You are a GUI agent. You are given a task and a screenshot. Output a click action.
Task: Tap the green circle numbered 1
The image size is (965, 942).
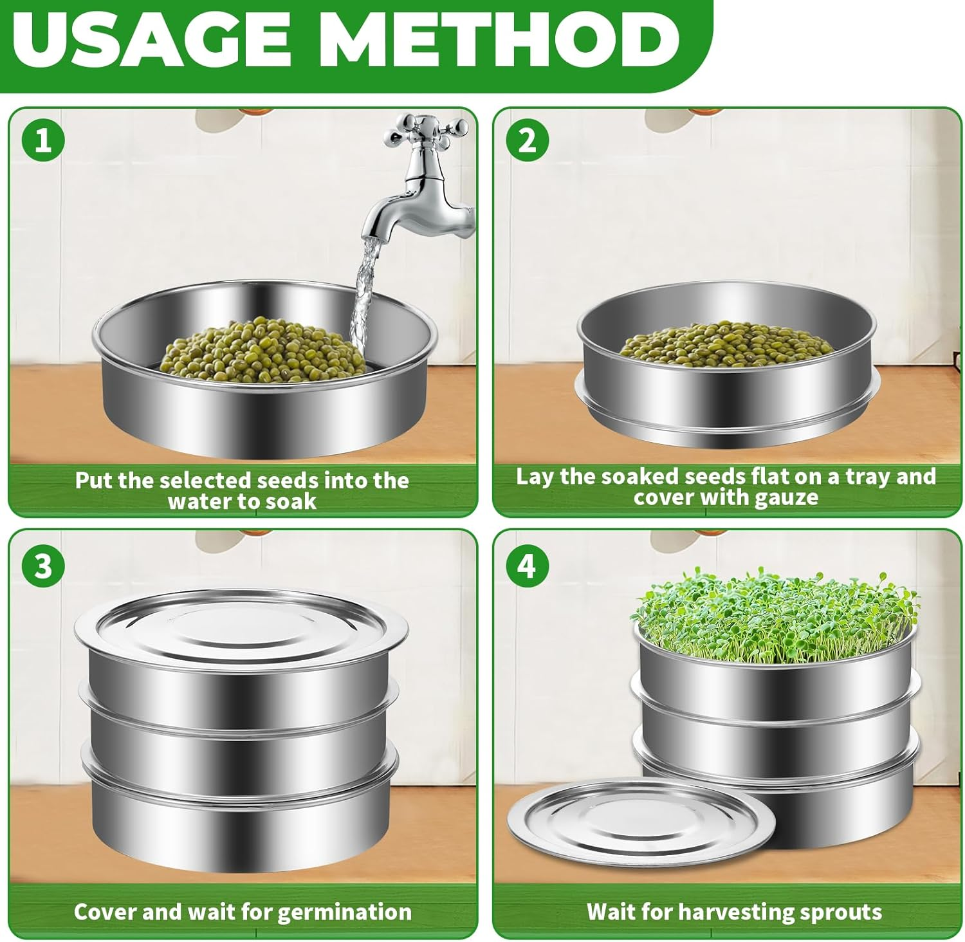coord(42,141)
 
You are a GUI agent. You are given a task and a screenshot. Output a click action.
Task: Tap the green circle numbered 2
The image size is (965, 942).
coord(527,141)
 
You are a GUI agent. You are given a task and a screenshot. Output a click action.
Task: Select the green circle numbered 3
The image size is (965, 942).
coord(42,567)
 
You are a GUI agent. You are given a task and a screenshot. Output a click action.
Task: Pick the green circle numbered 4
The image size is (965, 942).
coord(527,567)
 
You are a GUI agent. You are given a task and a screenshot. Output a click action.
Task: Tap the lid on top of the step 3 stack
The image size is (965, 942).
coord(241,621)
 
